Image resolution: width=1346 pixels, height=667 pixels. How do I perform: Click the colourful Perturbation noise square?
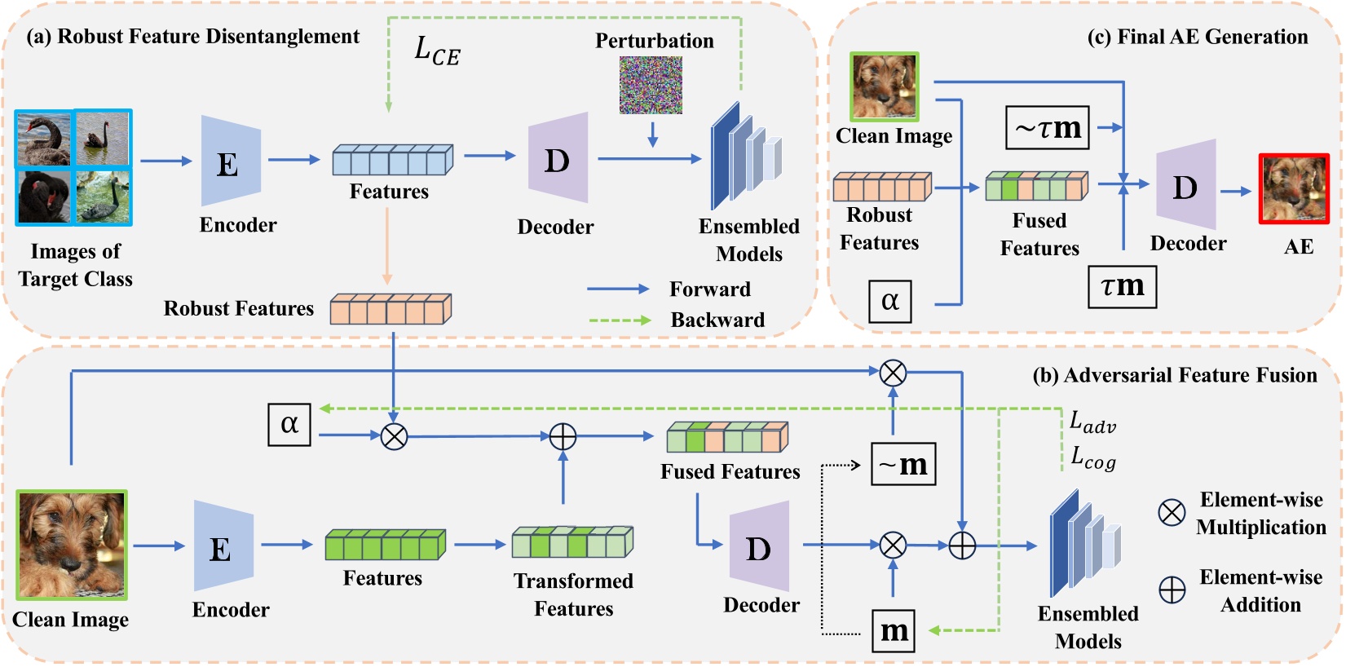tap(651, 85)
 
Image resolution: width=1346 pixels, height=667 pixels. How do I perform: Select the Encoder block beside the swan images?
tap(231, 161)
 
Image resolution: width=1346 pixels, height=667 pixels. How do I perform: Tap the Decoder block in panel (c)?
tap(1185, 185)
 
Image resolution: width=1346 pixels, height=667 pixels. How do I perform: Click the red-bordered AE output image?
tap(1294, 188)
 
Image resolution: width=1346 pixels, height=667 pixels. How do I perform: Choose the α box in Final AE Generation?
tap(889, 301)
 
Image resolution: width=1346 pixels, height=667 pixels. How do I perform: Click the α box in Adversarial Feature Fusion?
tap(289, 425)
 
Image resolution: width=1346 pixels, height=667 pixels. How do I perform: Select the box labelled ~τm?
tap(1048, 128)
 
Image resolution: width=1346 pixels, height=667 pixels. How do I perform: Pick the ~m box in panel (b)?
tap(902, 464)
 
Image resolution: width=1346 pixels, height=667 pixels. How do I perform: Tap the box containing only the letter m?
tap(894, 630)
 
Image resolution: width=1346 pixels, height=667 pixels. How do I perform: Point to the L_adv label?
tap(1092, 422)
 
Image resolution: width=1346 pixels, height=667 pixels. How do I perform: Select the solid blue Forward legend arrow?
tap(618, 289)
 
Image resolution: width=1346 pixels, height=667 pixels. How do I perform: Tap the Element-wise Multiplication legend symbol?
tap(1172, 513)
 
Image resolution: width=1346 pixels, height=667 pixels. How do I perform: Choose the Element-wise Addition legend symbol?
tap(1172, 590)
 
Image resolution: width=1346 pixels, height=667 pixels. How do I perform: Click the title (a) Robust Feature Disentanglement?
tap(192, 37)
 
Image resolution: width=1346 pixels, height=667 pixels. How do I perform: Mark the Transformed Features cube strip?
tap(572, 542)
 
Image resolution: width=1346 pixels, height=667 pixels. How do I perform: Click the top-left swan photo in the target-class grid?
tap(44, 139)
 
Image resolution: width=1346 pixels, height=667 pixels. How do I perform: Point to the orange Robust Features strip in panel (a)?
tap(391, 310)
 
